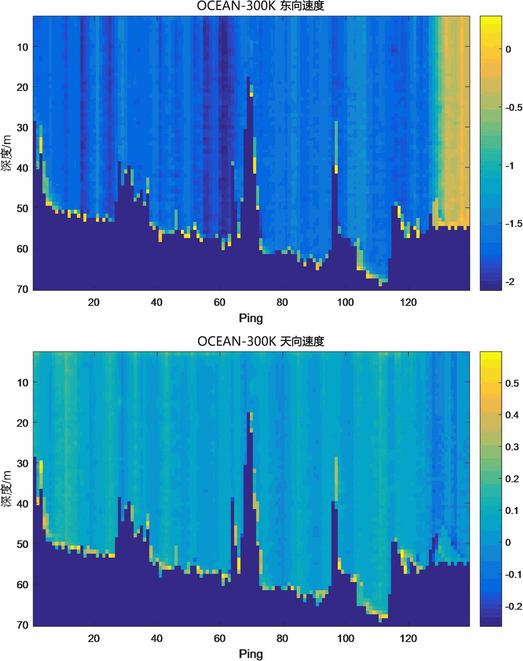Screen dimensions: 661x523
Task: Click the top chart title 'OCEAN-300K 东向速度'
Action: pos(260,6)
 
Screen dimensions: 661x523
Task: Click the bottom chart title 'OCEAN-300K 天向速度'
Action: pos(260,342)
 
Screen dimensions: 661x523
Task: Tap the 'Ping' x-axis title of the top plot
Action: pos(251,318)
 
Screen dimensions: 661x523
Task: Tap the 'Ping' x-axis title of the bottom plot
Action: pos(251,654)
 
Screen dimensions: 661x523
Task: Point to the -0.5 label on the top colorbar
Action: pos(514,108)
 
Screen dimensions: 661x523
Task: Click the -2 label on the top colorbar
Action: pos(510,282)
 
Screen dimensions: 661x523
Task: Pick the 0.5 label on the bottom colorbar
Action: pos(512,383)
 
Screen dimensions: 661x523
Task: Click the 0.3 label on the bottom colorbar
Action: pos(512,447)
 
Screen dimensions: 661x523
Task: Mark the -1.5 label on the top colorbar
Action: pos(514,224)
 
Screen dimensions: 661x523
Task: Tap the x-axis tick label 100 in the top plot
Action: pos(345,302)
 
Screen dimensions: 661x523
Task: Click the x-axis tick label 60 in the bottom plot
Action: pos(220,639)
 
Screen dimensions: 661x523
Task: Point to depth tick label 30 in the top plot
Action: pos(23,128)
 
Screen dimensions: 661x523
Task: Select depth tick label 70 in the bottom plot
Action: pos(23,625)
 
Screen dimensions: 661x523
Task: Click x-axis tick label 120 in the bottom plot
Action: pos(408,639)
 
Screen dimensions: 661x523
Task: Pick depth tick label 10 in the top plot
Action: pos(23,47)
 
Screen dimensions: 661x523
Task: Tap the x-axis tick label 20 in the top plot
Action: pos(94,302)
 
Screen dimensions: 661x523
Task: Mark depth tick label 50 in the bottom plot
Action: pos(23,544)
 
